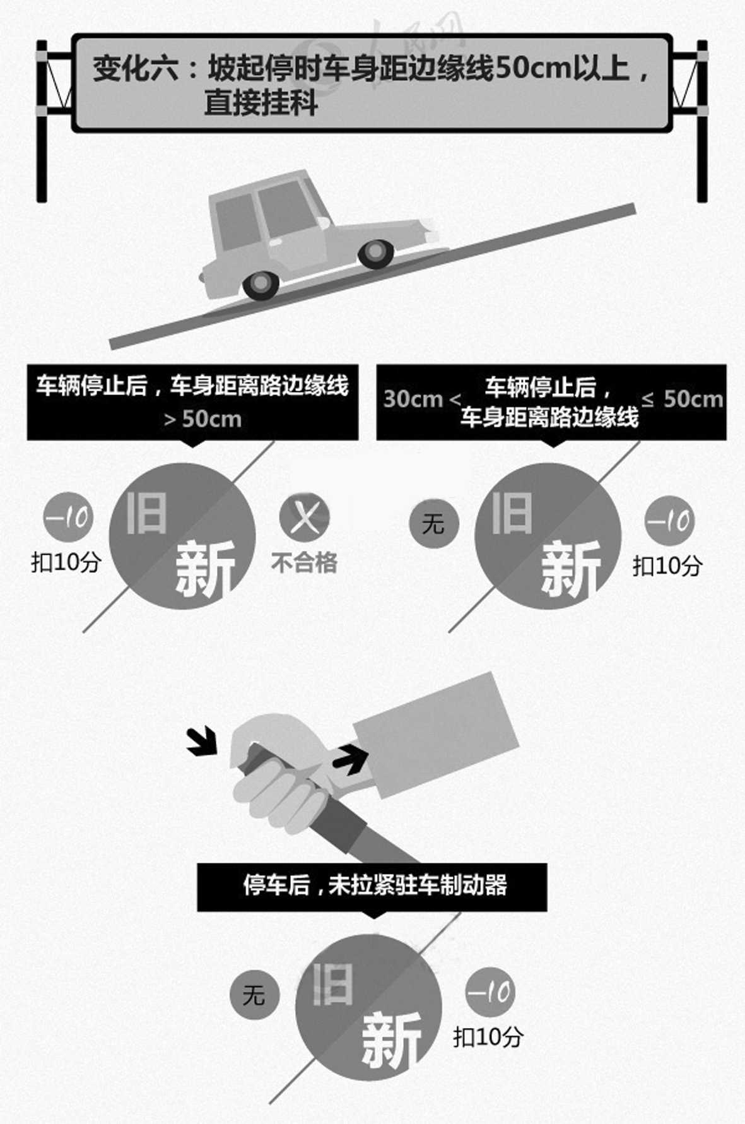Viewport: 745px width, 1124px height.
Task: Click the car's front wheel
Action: pos(376,254)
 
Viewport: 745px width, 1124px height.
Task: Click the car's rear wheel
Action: pos(261,285)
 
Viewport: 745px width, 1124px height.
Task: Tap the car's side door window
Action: pos(287,208)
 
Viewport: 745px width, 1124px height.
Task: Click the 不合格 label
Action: pos(305,562)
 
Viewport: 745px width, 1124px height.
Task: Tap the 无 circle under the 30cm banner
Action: pos(433,523)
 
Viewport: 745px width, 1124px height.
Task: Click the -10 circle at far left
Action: pos(68,518)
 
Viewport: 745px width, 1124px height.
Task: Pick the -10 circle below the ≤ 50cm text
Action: pos(669,521)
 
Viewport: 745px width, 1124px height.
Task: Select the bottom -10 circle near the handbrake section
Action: pos(490,992)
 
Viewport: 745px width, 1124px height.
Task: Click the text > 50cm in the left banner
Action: pos(202,419)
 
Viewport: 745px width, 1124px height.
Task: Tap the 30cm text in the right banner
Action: pos(413,399)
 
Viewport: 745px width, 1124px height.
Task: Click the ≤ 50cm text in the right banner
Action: pos(682,399)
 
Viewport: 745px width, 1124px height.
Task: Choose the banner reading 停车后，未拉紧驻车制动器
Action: pos(372,886)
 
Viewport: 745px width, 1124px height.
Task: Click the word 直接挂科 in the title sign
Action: pos(261,104)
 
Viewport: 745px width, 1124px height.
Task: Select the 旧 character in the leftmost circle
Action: pos(146,513)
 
